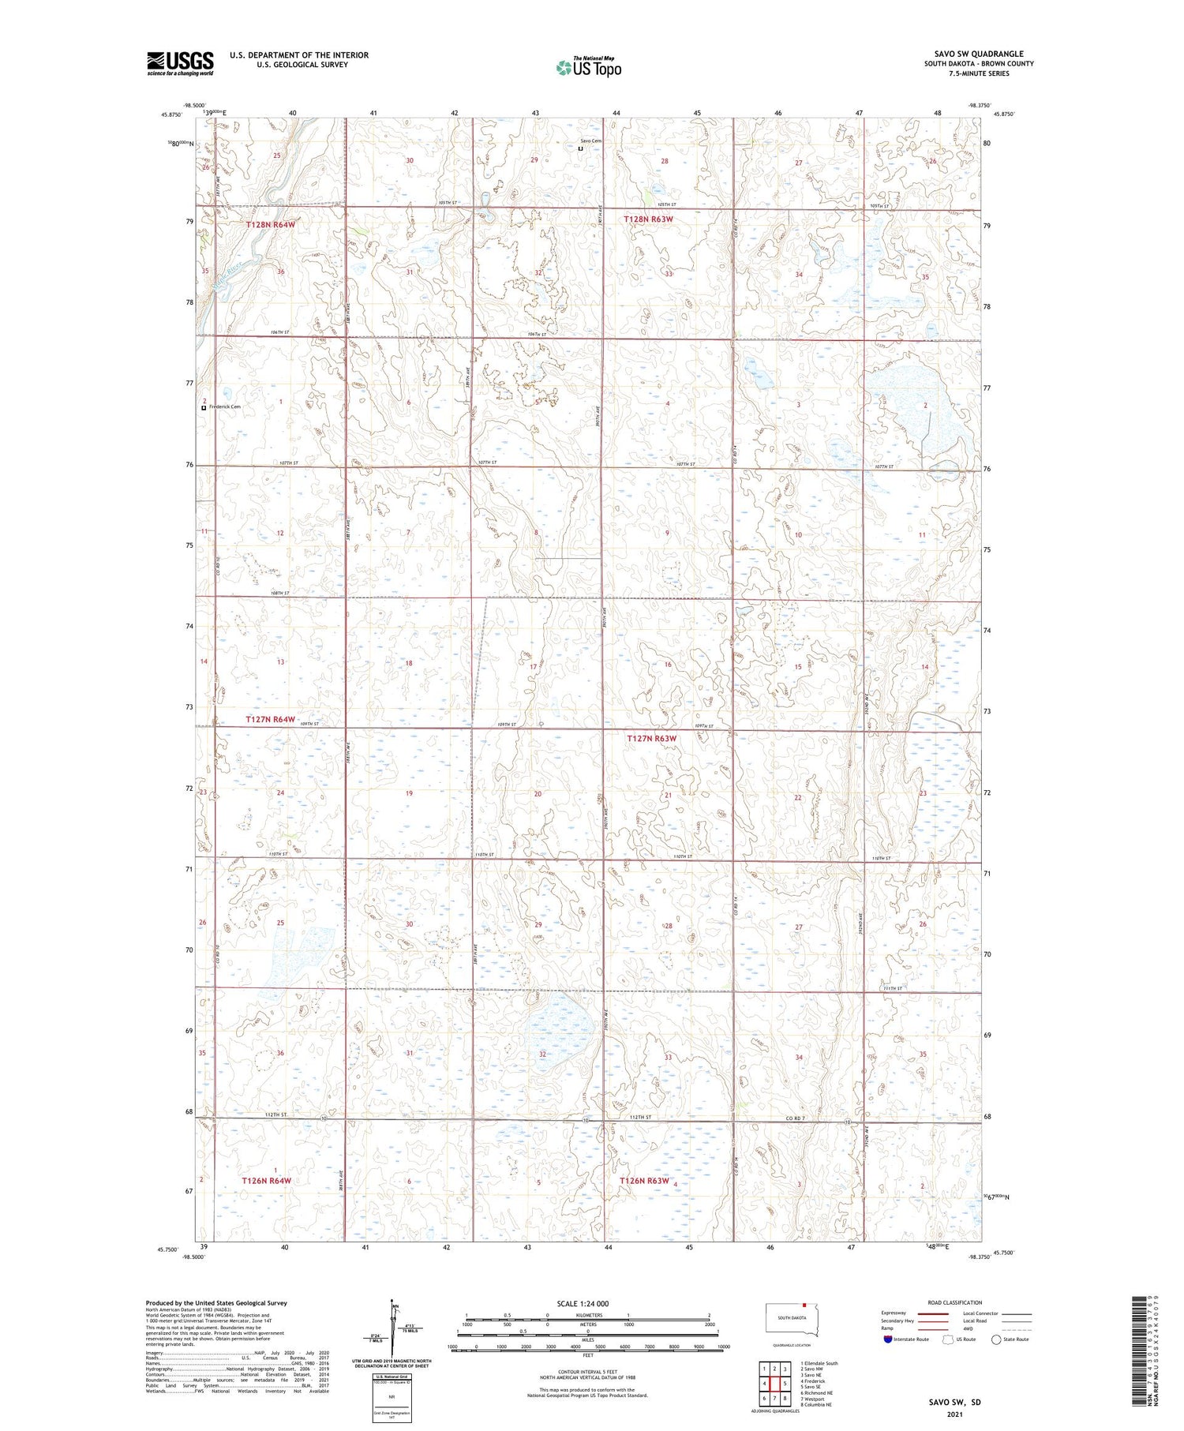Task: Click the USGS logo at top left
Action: pyautogui.click(x=180, y=63)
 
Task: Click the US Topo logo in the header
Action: pyautogui.click(x=589, y=68)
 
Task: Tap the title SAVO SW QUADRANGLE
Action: pyautogui.click(x=978, y=54)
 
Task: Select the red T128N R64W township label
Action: pyautogui.click(x=271, y=225)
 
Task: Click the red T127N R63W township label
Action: pyautogui.click(x=652, y=739)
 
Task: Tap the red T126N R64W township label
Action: pyautogui.click(x=267, y=1181)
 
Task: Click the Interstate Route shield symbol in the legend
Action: pyautogui.click(x=888, y=1339)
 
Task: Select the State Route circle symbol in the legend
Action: pyautogui.click(x=996, y=1339)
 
